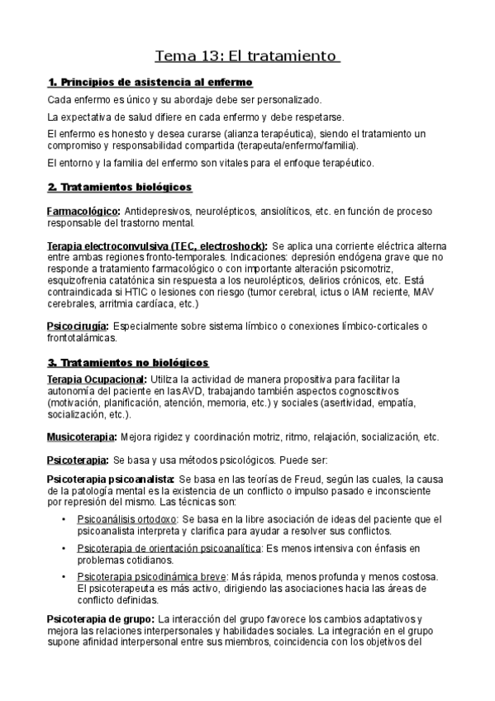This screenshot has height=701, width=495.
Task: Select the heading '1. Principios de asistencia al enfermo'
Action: pyautogui.click(x=150, y=82)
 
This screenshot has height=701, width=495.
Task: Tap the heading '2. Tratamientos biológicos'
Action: pyautogui.click(x=119, y=187)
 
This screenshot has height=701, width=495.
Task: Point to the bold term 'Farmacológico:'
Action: pyautogui.click(x=83, y=212)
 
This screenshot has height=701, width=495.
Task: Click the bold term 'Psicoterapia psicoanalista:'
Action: pyautogui.click(x=111, y=479)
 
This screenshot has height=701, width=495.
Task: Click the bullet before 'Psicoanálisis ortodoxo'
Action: pyautogui.click(x=64, y=518)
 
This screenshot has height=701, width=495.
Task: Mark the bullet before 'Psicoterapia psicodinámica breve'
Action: pyautogui.click(x=64, y=576)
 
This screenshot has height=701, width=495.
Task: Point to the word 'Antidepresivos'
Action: pyautogui.click(x=159, y=212)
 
